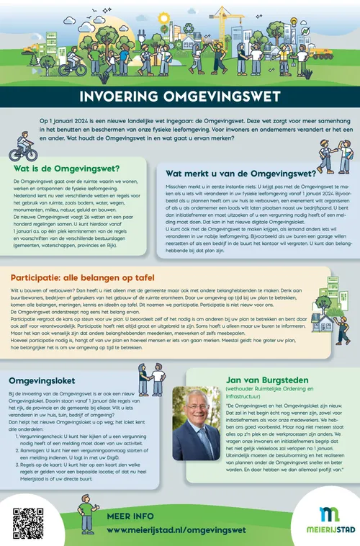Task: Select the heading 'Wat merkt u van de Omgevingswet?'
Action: pos(240,173)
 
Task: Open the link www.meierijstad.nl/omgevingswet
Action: pos(176,529)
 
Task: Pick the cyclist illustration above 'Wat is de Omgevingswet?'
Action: pos(22,149)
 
